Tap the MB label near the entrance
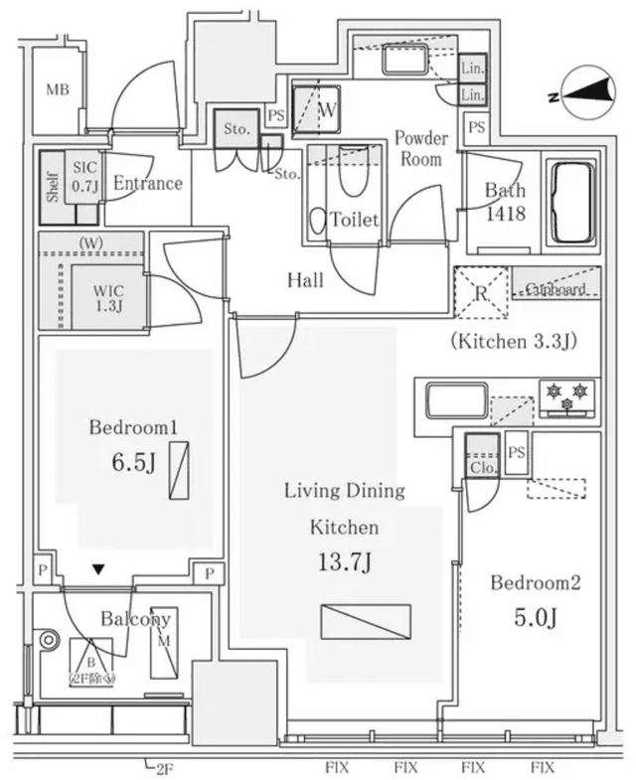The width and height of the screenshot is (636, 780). pos(58,90)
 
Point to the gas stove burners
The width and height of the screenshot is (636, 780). pos(566,396)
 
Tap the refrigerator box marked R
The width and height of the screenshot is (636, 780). pos(480,292)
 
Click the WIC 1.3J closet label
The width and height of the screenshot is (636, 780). pos(108,297)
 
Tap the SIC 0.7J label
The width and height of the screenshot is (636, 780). pos(83,176)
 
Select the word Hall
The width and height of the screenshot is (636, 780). pos(305,281)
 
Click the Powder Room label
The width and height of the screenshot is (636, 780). pos(420,148)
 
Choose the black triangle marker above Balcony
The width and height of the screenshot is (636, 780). pos(97,570)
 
